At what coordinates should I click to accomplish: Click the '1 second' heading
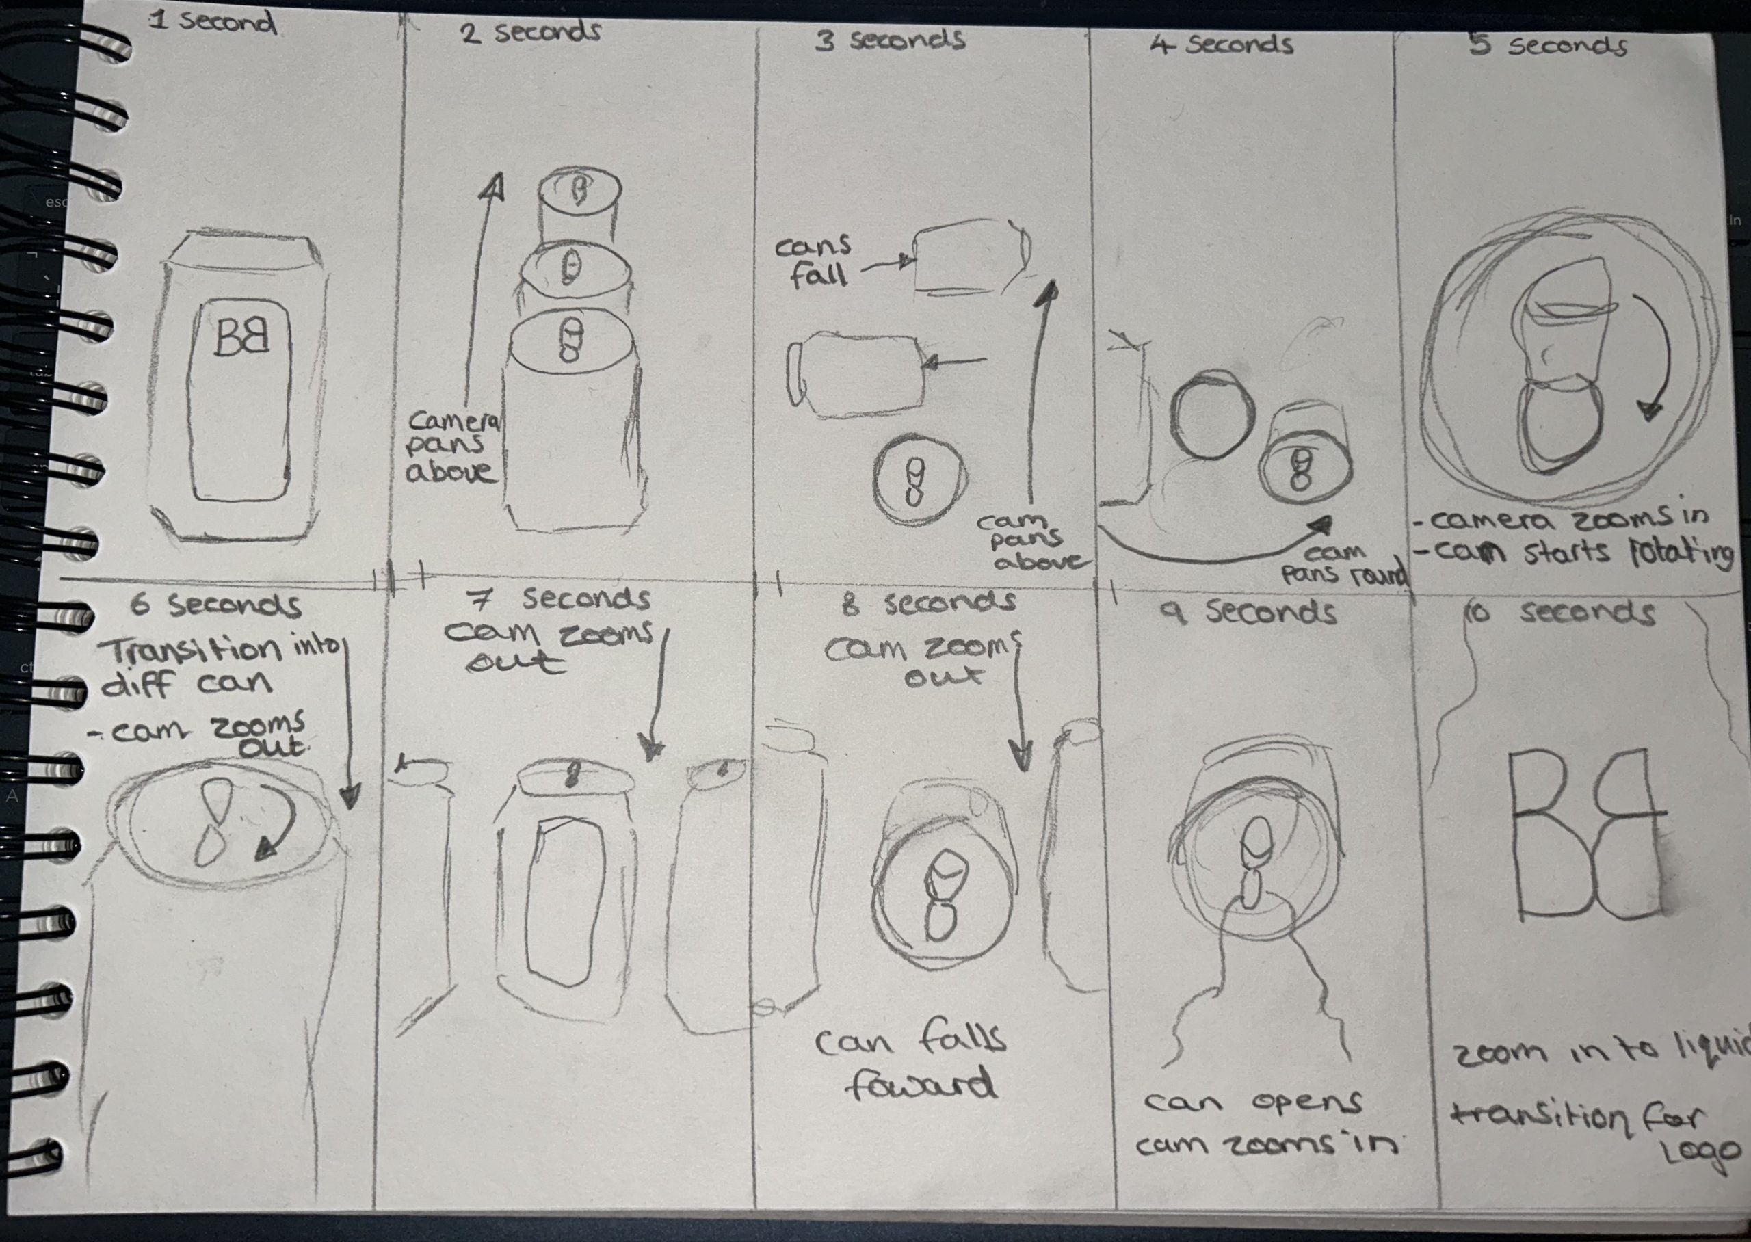212,21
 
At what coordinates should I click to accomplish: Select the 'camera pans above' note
453,446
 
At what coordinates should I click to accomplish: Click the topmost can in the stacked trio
578,205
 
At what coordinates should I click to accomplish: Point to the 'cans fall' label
813,260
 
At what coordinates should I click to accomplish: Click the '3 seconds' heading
889,39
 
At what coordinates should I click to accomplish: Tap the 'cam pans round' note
1344,564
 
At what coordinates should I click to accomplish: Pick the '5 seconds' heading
1548,44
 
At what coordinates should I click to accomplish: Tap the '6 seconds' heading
215,605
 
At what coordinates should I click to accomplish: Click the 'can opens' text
1253,1102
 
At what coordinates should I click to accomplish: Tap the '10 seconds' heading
1560,612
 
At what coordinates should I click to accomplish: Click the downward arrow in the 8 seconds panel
1019,704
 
